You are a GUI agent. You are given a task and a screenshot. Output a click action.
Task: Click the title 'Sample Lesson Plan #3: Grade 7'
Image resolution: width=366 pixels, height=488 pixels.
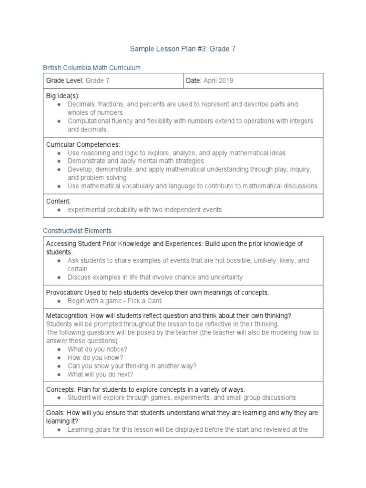tap(183, 49)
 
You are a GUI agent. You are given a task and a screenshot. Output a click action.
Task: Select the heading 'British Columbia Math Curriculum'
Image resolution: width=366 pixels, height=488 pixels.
tap(91, 68)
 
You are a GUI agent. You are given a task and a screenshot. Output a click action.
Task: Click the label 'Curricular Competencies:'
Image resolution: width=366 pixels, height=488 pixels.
tap(83, 144)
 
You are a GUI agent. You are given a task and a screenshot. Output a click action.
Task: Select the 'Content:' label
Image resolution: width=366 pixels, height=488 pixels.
tap(58, 201)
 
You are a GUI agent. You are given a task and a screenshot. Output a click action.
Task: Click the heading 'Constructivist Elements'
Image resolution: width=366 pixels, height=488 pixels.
tap(77, 231)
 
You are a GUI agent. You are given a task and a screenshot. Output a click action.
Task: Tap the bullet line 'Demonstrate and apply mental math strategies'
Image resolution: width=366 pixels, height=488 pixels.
tap(135, 161)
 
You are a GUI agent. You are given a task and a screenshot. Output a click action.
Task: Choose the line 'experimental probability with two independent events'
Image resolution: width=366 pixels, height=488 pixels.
tap(144, 210)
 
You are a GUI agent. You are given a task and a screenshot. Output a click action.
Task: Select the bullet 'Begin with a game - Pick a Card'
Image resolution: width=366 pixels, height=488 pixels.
tap(114, 301)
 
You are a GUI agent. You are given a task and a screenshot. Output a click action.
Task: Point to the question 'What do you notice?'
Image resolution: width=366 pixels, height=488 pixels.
tap(97, 349)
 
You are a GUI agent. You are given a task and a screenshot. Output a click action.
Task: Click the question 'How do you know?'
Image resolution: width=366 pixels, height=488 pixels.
tap(95, 357)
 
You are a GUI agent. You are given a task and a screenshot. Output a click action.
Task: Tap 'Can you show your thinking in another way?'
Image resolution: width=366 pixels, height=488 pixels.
tap(132, 366)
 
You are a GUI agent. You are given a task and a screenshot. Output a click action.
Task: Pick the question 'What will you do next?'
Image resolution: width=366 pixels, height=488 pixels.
tap(101, 374)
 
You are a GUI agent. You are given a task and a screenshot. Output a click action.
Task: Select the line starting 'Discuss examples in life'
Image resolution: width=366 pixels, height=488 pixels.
tap(155, 277)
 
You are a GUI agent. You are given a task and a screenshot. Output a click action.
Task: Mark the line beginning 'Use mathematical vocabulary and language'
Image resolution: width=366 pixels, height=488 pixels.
tap(192, 186)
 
